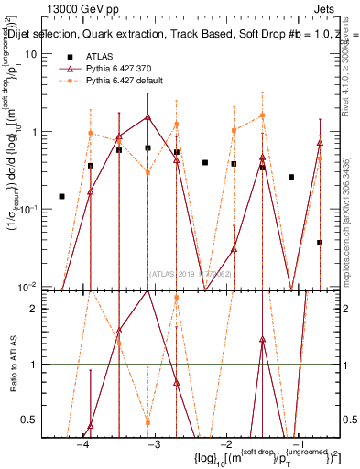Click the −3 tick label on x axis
point(154,442)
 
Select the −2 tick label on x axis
point(226,442)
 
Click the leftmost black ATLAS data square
point(61,196)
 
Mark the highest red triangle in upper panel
point(147,117)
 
